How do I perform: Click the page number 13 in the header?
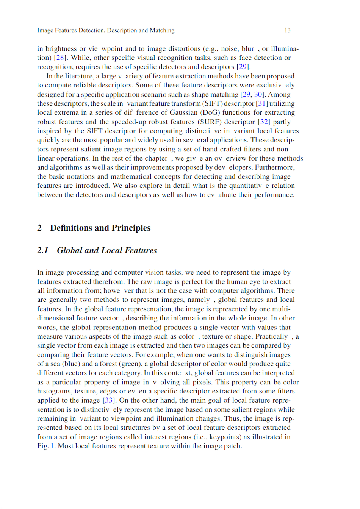click(x=287, y=30)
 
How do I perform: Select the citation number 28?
click(x=60, y=58)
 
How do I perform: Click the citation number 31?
click(x=262, y=103)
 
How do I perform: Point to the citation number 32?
click(x=264, y=122)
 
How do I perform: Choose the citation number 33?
click(x=109, y=400)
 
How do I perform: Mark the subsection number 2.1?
click(x=43, y=250)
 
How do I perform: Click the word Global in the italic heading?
click(x=69, y=250)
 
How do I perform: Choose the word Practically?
click(x=272, y=337)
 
